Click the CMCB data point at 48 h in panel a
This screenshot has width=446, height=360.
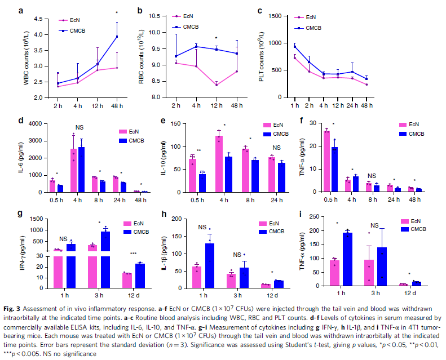[x=117, y=37]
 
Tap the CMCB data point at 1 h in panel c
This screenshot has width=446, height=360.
[x=310, y=46]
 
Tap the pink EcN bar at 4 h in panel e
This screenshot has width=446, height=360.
[x=217, y=164]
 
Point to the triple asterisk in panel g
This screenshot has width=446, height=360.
[x=133, y=254]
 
